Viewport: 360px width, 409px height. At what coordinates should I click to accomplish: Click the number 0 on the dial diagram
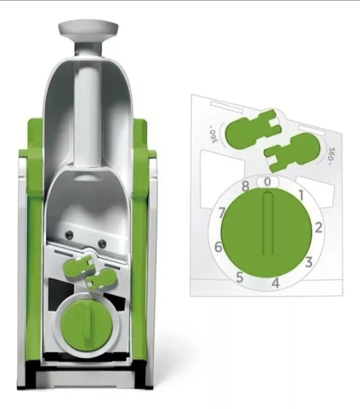pos(268,182)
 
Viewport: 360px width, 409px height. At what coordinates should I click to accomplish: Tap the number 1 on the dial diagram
pos(301,195)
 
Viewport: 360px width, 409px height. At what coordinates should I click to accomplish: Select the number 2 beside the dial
pos(319,228)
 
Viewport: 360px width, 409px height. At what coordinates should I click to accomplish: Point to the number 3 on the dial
pos(309,262)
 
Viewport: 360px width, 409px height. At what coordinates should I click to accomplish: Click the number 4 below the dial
pos(276,283)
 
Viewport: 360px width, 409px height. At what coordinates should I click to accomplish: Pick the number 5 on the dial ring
pos(240,277)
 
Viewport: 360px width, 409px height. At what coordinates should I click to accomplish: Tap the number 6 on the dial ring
pos(219,247)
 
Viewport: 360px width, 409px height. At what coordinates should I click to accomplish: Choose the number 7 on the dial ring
pos(222,213)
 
